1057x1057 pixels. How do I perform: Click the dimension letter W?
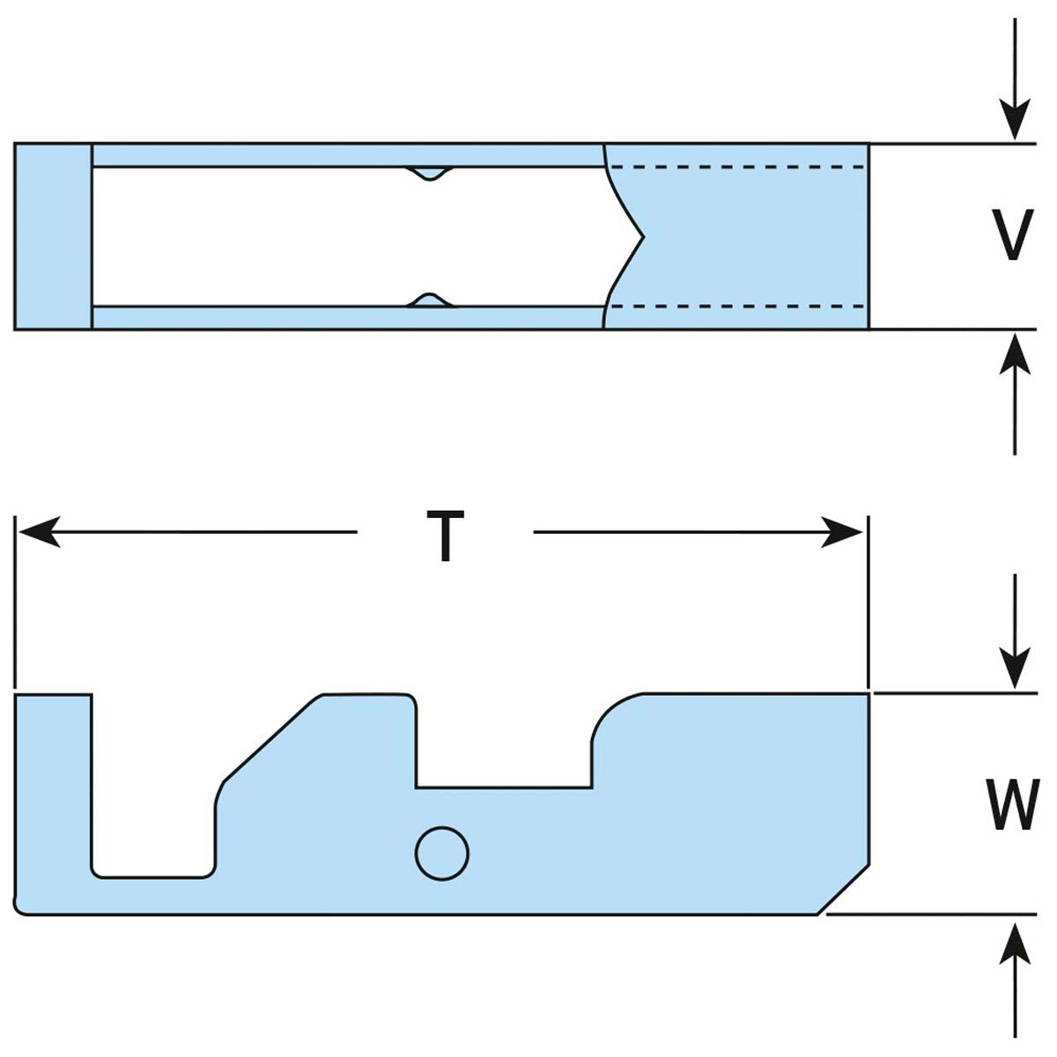click(1011, 804)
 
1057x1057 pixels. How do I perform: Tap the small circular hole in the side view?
click(441, 853)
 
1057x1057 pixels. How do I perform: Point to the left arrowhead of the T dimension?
click(40, 533)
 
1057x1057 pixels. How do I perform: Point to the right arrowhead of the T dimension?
click(841, 533)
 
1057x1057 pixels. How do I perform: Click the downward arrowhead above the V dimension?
click(1015, 122)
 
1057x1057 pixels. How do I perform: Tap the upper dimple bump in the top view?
click(429, 174)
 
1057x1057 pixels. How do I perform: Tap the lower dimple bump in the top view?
click(429, 300)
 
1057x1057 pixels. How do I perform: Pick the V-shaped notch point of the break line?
click(644, 236)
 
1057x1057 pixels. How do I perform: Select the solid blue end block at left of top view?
click(53, 236)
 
